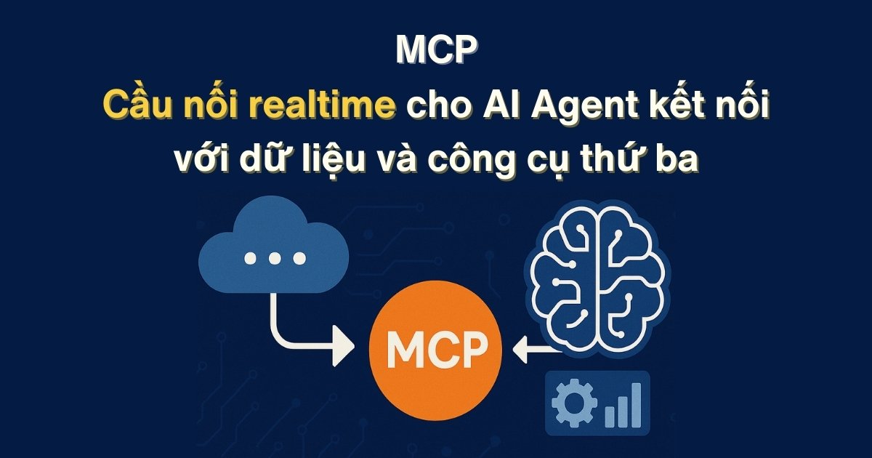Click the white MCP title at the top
(436, 49)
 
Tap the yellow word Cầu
(135, 105)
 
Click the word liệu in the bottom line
(350, 158)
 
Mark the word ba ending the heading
(682, 158)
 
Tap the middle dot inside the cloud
(274, 258)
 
